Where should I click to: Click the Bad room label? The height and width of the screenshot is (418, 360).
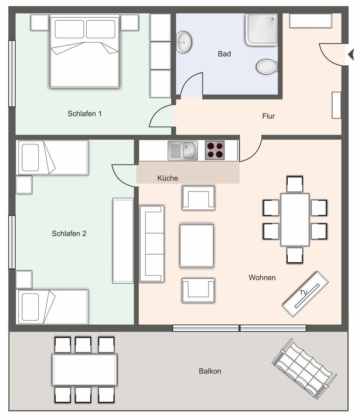[x=224, y=54]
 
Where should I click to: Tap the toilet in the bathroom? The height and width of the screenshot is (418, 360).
[x=267, y=67]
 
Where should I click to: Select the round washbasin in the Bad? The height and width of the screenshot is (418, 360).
[x=184, y=42]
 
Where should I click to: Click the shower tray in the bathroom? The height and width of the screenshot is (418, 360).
[x=261, y=29]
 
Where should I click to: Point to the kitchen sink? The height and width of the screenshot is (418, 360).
[x=183, y=150]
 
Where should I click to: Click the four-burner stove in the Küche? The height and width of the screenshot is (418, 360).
[x=215, y=150]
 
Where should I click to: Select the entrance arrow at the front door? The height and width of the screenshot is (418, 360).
[x=351, y=55]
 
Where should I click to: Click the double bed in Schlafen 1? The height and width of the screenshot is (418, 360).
[x=84, y=52]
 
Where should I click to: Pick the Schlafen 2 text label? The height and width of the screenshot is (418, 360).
[x=69, y=234]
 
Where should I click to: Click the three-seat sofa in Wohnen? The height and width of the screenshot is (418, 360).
[x=151, y=244]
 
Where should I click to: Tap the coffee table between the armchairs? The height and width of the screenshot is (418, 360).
[x=196, y=246]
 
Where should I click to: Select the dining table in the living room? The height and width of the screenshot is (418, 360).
[x=295, y=219]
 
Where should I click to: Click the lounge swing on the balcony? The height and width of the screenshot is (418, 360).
[x=304, y=369]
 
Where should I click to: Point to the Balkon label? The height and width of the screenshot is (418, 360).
[x=210, y=371]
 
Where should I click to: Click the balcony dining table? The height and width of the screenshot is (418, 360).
[x=84, y=370]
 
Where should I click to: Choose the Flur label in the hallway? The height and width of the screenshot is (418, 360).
[x=268, y=116]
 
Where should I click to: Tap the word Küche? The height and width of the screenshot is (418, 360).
[x=168, y=178]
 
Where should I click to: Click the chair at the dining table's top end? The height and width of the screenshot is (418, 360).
[x=295, y=184]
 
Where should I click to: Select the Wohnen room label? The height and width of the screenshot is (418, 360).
[x=262, y=278]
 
